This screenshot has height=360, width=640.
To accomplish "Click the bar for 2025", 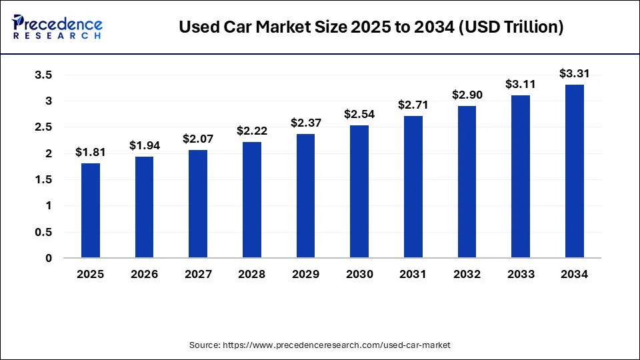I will click(91, 211).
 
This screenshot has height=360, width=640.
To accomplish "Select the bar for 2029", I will click(305, 196).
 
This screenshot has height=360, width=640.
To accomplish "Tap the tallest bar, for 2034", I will click(574, 171).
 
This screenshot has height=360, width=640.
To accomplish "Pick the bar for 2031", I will click(413, 187).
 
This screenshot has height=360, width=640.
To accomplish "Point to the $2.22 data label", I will click(251, 131).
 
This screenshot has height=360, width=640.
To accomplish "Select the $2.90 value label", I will click(467, 95).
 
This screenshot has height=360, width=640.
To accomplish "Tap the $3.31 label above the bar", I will click(574, 73).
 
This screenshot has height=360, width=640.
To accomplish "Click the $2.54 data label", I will click(359, 114).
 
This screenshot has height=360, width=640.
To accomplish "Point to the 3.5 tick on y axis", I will click(43, 75).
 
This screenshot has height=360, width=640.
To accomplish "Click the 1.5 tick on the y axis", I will click(43, 180).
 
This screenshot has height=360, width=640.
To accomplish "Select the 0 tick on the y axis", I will click(49, 258).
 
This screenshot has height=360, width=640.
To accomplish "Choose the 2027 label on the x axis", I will click(198, 274).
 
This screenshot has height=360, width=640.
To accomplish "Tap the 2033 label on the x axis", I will click(520, 274).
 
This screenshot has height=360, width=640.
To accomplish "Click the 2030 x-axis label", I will click(359, 274).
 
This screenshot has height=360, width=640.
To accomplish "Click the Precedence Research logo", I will click(57, 27).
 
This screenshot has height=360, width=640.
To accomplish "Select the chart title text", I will click(371, 27).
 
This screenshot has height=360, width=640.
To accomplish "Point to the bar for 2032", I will click(467, 182).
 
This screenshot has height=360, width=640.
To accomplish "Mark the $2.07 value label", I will click(198, 139).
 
